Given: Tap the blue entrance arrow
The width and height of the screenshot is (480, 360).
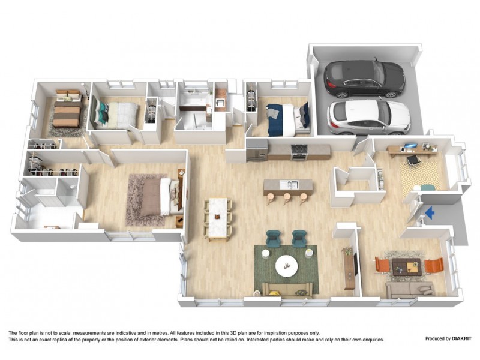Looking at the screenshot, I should [x=429, y=211].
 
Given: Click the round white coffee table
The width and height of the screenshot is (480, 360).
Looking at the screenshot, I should [x=286, y=265].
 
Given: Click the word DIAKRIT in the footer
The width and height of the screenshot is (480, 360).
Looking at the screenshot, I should [x=457, y=339].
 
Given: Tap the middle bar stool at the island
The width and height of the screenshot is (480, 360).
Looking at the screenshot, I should [x=287, y=197].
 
